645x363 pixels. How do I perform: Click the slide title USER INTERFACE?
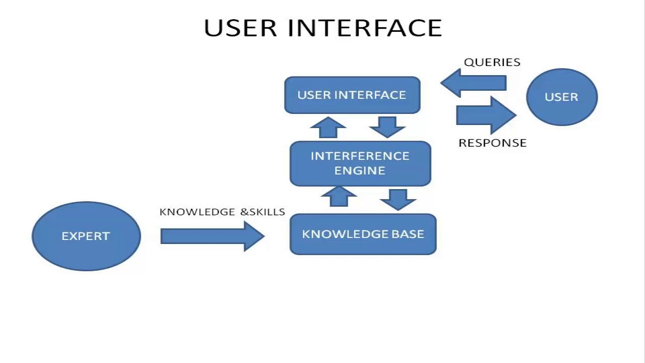coord(323,28)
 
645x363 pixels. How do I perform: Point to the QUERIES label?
coord(492,62)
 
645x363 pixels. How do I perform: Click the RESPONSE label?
coord(492,143)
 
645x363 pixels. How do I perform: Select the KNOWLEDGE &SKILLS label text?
coord(222,212)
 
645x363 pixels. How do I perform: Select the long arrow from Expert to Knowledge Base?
coord(212,236)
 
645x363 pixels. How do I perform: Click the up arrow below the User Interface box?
coord(328,128)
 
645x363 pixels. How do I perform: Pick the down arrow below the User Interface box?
coord(387,127)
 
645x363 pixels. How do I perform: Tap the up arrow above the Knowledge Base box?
coord(339,197)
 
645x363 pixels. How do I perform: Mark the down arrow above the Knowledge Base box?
coord(398,199)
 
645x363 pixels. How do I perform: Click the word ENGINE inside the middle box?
coord(360,170)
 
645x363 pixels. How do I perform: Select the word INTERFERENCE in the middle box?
coord(360,156)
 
